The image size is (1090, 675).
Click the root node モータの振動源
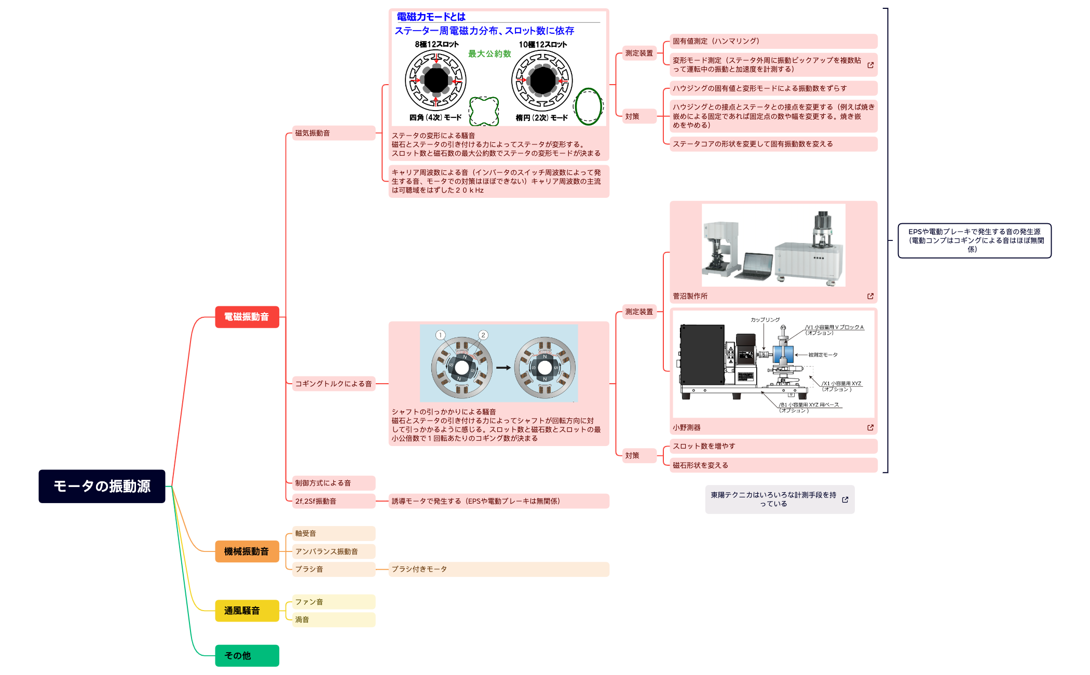[102, 486]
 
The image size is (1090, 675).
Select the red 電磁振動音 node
[247, 317]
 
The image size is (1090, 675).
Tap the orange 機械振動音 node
[247, 551]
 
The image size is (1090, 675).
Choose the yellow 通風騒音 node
[247, 611]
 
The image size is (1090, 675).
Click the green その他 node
[247, 655]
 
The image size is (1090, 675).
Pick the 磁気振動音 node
[333, 133]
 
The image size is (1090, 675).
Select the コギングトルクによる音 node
[333, 384]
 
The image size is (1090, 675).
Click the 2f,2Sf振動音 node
[333, 501]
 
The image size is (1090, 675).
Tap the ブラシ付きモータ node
[498, 569]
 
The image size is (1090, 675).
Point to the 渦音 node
[333, 619]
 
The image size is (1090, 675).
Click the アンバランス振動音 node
[333, 551]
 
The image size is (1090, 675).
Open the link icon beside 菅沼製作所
[870, 296]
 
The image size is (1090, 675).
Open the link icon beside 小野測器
[870, 427]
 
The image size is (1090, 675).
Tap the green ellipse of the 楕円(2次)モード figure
[588, 106]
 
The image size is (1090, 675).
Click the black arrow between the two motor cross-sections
[503, 368]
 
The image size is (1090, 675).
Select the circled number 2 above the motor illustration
[483, 335]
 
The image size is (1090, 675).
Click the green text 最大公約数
[489, 53]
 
